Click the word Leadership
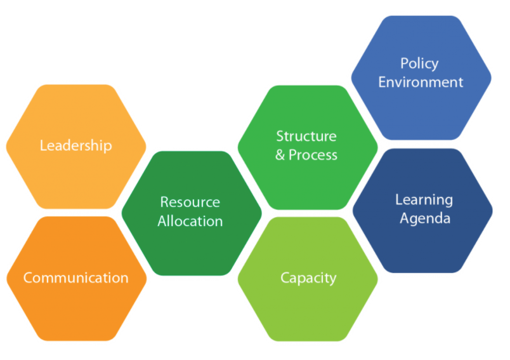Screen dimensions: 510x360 [75, 145]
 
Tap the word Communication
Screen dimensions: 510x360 [75, 277]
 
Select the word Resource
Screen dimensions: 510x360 [190, 202]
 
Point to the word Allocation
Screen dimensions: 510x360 [190, 222]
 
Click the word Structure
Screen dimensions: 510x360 [306, 136]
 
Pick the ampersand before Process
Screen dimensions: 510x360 [280, 155]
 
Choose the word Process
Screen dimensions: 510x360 [313, 155]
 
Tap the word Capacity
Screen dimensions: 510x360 [308, 279]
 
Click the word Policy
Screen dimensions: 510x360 [419, 63]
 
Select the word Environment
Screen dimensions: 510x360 [421, 82]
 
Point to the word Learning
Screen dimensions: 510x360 [424, 200]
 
